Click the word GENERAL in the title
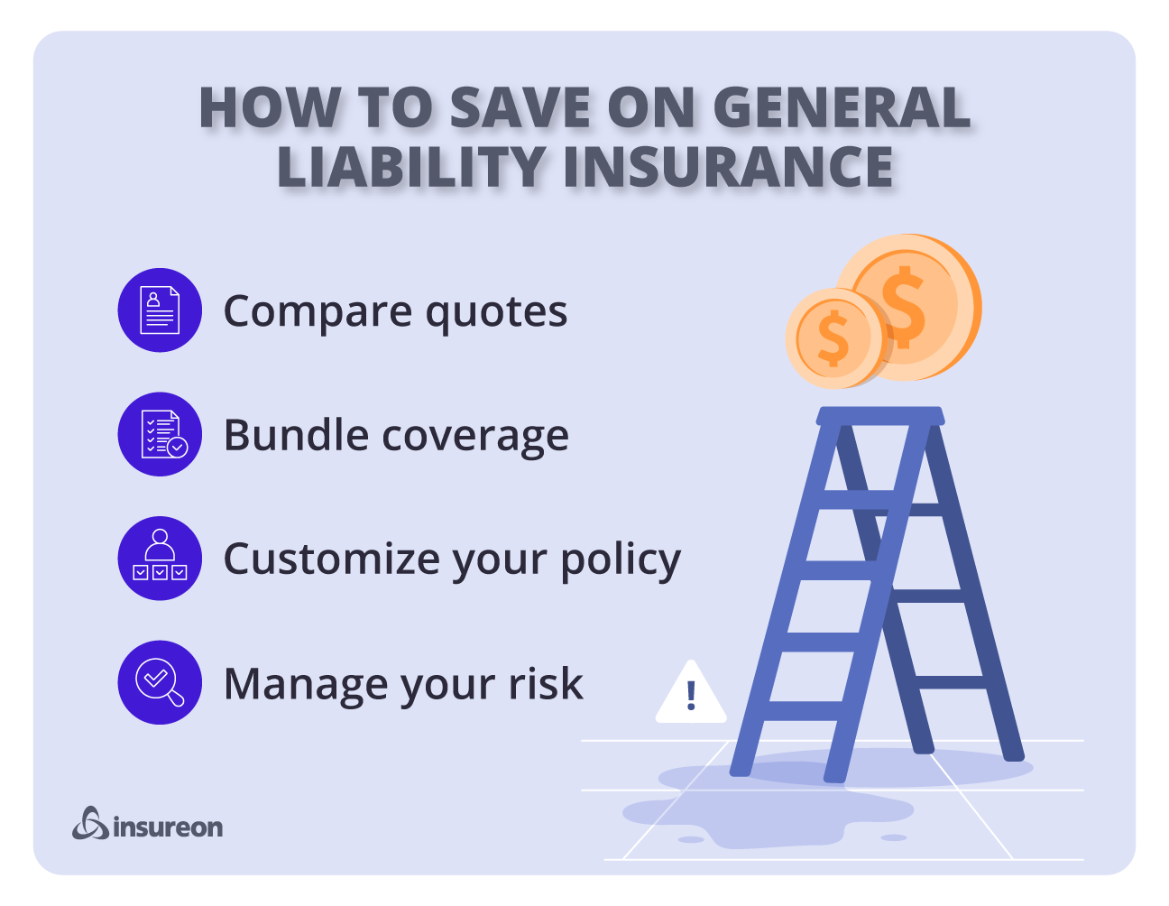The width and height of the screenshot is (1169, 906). [x=842, y=108]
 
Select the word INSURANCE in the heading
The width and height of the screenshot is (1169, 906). [x=728, y=167]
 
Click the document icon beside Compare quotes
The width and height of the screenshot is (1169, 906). [x=160, y=310]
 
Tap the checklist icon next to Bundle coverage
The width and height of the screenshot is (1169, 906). [x=160, y=434]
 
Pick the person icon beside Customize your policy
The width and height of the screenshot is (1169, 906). [x=160, y=558]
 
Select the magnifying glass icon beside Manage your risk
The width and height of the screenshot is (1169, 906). [x=160, y=682]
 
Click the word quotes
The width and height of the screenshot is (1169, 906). [x=496, y=312]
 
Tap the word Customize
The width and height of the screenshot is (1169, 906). [x=331, y=559]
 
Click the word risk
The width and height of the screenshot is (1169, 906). [x=546, y=683]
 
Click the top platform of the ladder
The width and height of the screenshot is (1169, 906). [x=880, y=416]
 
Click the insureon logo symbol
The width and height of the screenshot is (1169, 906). [x=90, y=823]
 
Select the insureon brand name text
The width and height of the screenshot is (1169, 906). [x=168, y=827]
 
